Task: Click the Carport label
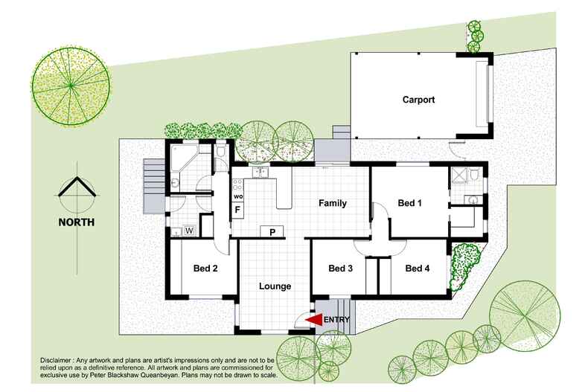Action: pos(418,99)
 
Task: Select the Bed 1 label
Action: pos(410,203)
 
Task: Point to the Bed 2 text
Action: pos(205,269)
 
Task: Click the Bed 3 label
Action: pos(340,269)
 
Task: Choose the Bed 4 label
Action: pos(418,269)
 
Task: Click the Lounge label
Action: pos(274,286)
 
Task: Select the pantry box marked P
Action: pos(272,232)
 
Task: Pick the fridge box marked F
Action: pos(237,211)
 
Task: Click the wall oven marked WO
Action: pos(237,196)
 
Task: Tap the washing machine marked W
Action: pos(188,231)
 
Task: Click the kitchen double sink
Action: pos(258,173)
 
